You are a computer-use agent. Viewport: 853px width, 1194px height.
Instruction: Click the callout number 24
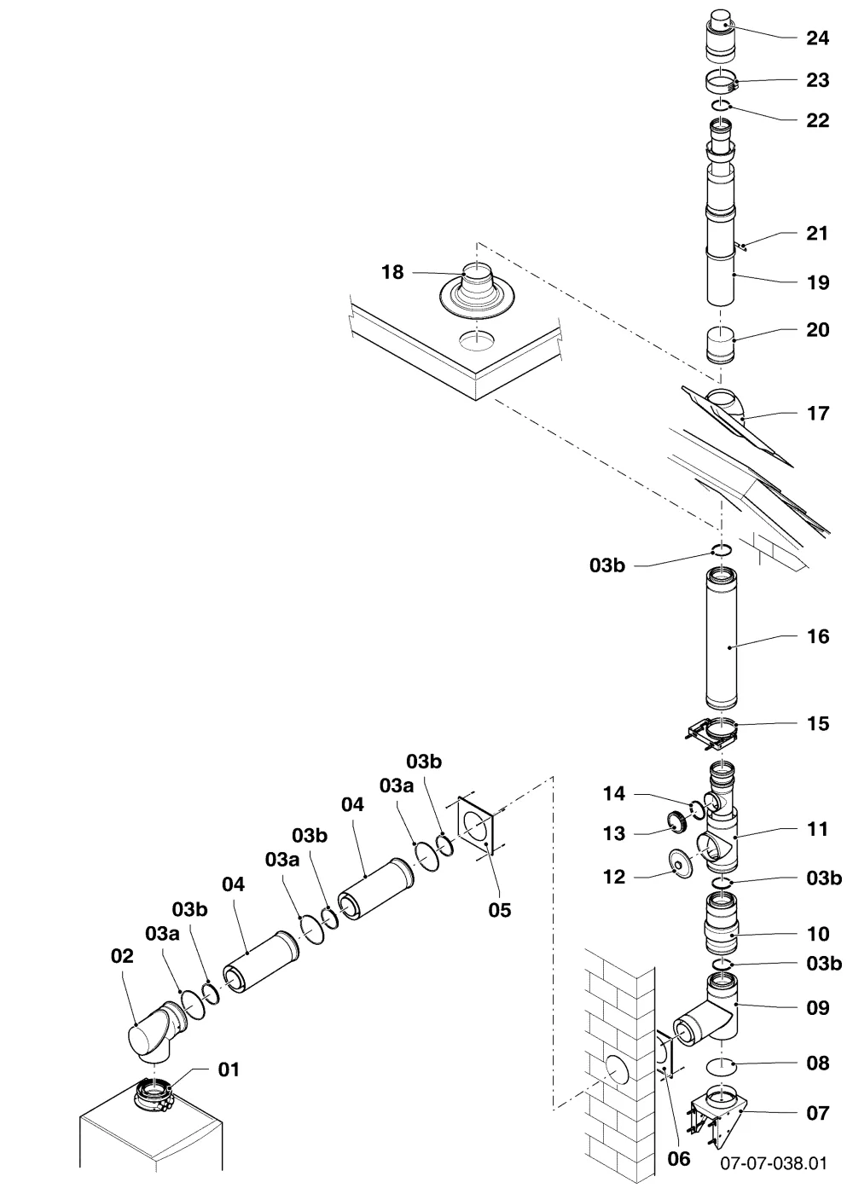817,38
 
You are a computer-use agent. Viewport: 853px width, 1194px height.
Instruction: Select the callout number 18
392,272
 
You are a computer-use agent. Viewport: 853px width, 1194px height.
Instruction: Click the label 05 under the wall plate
500,911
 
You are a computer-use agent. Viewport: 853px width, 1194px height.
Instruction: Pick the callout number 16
818,636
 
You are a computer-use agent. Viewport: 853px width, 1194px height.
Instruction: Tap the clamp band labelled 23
722,82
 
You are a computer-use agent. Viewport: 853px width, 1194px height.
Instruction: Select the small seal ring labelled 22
722,106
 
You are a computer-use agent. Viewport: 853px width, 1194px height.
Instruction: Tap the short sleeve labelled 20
720,347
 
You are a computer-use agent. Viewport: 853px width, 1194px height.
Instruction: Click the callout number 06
679,1158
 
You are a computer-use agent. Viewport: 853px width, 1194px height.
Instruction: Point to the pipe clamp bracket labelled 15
713,732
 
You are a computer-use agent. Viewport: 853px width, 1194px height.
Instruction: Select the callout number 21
817,234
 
